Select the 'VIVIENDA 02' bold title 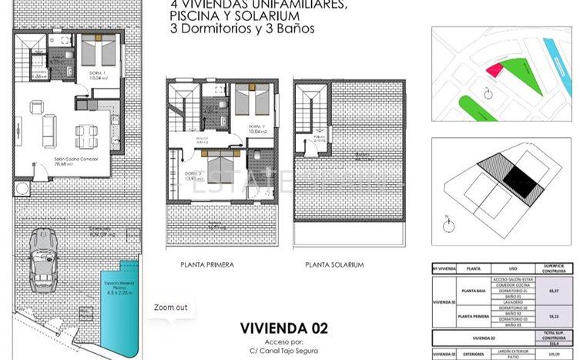pos(284,328)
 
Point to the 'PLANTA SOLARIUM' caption pos(334,264)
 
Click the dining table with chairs pos(85,136)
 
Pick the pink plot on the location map pos(493,70)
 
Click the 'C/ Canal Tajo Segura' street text pos(284,352)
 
